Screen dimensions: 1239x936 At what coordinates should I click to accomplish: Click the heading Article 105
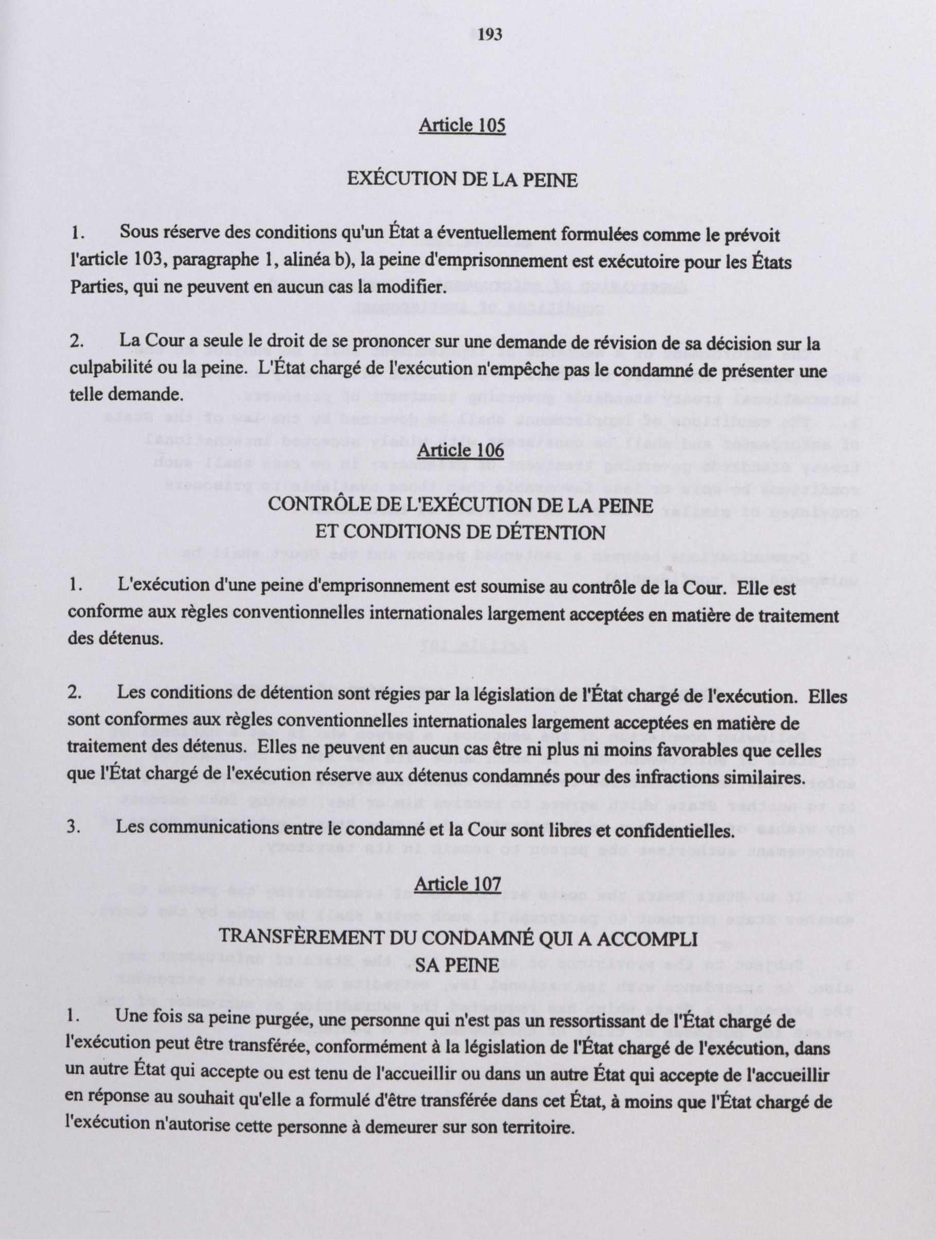[x=462, y=125]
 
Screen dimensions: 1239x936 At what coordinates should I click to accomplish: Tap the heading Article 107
[x=457, y=883]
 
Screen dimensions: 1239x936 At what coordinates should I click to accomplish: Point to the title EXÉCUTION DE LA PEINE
[x=462, y=179]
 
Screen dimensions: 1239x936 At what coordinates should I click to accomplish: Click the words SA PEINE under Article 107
[x=457, y=965]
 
